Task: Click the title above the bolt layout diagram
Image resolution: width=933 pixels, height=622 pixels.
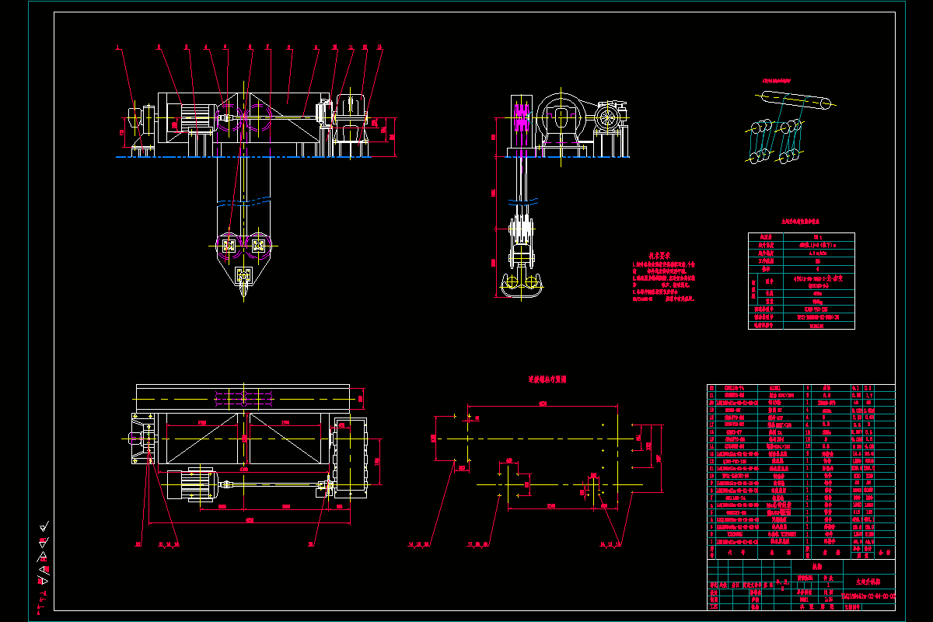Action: pyautogui.click(x=547, y=379)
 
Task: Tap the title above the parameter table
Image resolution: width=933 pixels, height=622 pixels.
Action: pyautogui.click(x=801, y=222)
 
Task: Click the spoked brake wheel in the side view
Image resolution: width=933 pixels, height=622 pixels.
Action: pyautogui.click(x=610, y=119)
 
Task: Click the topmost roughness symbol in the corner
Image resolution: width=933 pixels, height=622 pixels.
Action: pyautogui.click(x=44, y=526)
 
